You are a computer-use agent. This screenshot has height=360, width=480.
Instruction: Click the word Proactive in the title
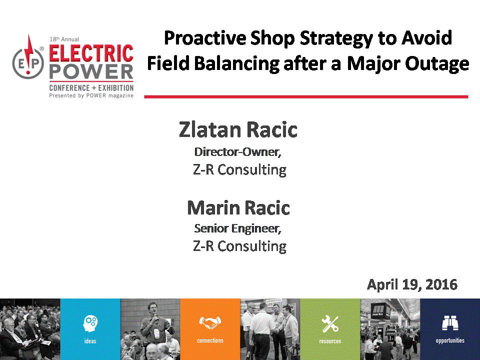(x=205, y=38)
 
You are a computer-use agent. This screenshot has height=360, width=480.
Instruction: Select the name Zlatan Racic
(x=238, y=130)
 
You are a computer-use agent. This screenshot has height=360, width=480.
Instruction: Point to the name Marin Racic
(x=238, y=208)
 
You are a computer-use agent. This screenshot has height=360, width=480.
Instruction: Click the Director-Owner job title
(x=238, y=152)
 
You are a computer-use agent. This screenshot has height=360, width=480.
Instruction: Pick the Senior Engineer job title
(x=238, y=228)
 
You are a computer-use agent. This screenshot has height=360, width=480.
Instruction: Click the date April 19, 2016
(x=412, y=284)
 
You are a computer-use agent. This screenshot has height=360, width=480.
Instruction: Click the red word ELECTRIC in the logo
(x=91, y=53)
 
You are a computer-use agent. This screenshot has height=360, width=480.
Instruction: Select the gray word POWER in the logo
(x=91, y=72)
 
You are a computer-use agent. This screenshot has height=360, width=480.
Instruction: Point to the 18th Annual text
(x=64, y=39)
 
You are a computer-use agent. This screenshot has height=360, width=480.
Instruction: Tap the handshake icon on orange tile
(x=210, y=322)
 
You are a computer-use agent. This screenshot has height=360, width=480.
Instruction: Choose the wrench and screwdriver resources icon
(x=330, y=324)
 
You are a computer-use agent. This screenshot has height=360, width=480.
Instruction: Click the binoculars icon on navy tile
(x=450, y=323)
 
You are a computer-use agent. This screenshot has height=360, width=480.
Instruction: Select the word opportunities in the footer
(x=450, y=340)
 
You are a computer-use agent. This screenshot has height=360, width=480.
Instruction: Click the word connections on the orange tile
(x=210, y=340)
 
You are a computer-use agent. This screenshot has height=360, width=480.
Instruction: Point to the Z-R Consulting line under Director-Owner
(x=239, y=170)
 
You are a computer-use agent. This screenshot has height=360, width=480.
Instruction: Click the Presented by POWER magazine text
(x=91, y=96)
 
